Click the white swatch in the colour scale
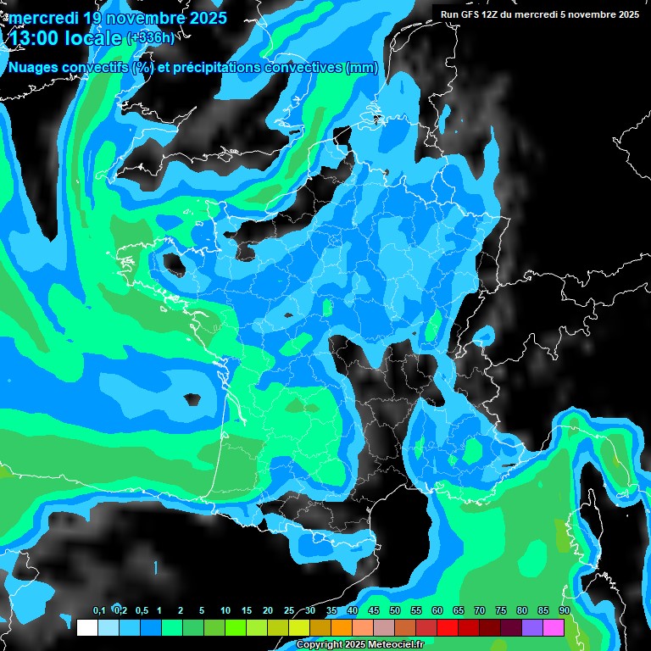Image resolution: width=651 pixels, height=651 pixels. tap(86, 627)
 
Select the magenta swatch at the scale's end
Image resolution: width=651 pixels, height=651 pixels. tap(554, 627)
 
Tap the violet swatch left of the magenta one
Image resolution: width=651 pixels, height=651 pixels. tap(532, 627)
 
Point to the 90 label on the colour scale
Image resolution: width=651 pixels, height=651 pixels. tap(565, 610)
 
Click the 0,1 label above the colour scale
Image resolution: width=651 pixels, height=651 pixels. tap(99, 610)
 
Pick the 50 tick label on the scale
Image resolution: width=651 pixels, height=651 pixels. tap(395, 610)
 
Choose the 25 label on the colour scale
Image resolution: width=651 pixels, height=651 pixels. tap(289, 610)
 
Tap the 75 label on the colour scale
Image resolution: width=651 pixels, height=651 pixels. tap(501, 610)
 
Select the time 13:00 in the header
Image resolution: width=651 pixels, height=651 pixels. tap(36, 37)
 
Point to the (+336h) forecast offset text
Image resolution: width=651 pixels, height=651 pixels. tap(152, 38)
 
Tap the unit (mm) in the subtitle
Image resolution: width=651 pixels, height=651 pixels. tap(362, 67)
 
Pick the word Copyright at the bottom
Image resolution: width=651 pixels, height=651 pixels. tap(320, 645)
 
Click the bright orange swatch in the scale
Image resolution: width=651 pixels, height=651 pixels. tap(342, 627)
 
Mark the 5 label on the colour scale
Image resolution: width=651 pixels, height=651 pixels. tap(202, 610)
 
